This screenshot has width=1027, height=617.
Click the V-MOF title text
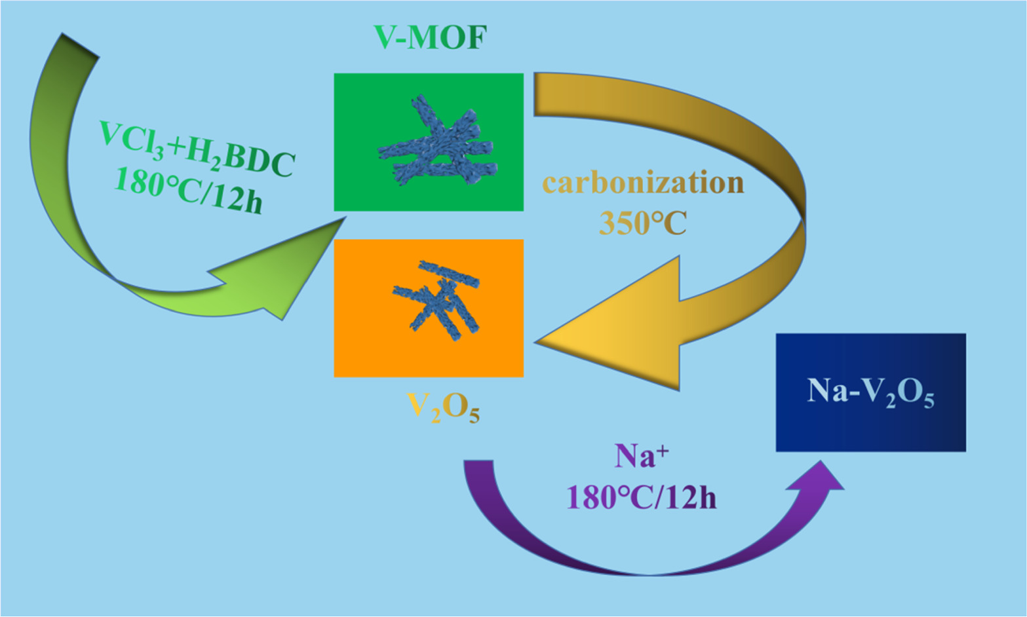430,38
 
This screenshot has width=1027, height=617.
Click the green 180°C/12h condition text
189,190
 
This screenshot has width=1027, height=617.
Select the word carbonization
643,183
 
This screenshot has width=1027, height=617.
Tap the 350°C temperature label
643,223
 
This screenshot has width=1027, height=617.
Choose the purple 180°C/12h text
641,498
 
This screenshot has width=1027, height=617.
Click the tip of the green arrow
343,220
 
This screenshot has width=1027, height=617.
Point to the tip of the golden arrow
539,341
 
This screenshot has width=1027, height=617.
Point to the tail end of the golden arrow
535,95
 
